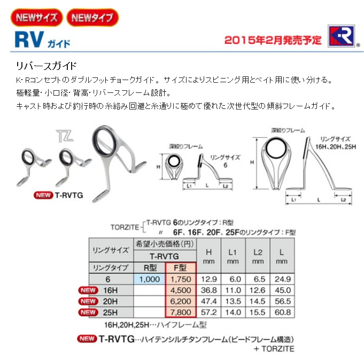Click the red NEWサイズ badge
tap(37, 18)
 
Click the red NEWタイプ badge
tap(92, 18)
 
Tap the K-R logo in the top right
tap(341, 36)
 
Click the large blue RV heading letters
tap(29, 40)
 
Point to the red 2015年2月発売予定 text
tap(273, 40)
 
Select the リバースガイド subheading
tap(46, 66)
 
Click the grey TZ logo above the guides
tap(65, 136)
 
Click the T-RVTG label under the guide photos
tap(69, 195)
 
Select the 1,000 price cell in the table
tap(150, 279)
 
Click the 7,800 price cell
tap(181, 312)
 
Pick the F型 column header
tap(180, 268)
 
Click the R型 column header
tap(150, 268)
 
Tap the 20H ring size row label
tap(110, 301)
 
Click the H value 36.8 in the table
tap(208, 290)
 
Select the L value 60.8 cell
tap(283, 312)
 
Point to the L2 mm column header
tap(258, 256)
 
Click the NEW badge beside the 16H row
tap(88, 290)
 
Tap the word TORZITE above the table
tap(125, 227)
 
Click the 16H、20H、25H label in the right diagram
tap(336, 146)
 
